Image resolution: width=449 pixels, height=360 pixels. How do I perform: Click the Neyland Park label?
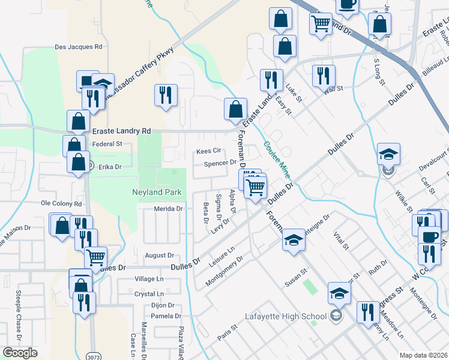point(158,193)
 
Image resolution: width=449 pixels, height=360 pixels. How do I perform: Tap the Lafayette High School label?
point(286,316)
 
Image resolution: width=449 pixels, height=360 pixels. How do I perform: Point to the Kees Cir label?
point(209,151)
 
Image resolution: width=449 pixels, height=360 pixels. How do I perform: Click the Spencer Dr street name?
point(220,163)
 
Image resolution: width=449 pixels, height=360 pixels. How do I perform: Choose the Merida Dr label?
point(167,209)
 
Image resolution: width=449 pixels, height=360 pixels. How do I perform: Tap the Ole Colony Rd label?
point(61,204)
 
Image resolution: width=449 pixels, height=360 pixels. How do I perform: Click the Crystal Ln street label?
point(149,294)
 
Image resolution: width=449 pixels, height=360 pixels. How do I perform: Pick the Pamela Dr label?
point(166,316)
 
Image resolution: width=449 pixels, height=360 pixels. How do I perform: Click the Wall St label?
point(333,89)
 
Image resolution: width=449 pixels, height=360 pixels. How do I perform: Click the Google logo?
point(20,353)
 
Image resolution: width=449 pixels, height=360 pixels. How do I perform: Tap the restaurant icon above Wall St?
point(324,75)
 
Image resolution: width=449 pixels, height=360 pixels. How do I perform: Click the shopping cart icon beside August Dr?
point(96,257)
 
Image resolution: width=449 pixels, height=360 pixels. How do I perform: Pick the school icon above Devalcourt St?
point(388,154)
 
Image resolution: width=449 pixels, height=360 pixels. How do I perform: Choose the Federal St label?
point(107,144)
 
